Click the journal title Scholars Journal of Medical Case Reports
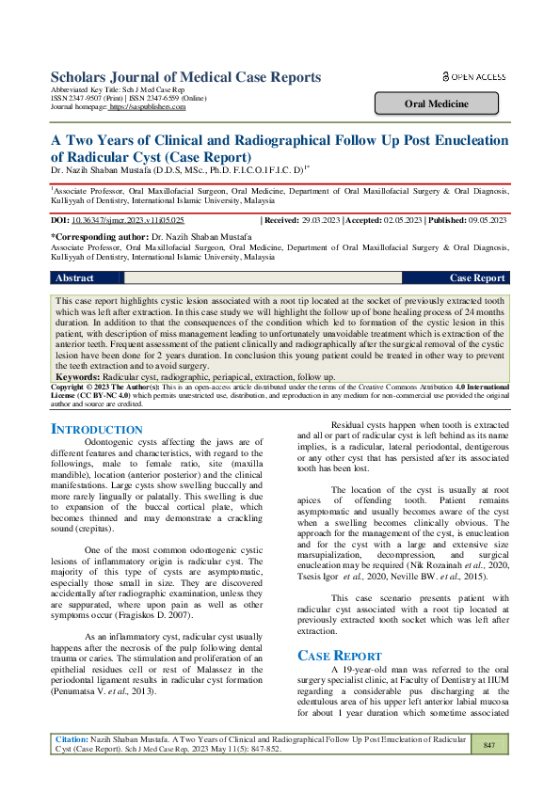(x=184, y=76)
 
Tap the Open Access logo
(x=473, y=76)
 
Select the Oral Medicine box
(x=441, y=103)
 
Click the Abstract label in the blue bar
(x=75, y=278)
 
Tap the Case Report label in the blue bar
(x=477, y=278)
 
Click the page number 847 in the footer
(x=488, y=771)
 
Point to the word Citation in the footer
(x=72, y=767)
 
